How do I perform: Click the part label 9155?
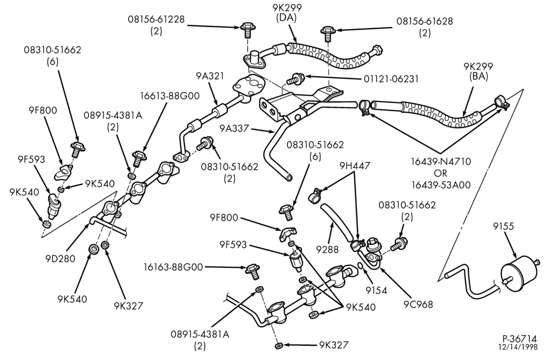click(503, 226)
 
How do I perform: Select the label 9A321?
click(210, 76)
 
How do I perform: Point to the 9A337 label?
click(234, 128)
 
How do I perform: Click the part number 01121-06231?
click(391, 78)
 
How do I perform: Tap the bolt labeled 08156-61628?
click(328, 32)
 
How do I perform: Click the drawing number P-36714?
click(519, 339)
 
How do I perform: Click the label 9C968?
click(418, 305)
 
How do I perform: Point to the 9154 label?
click(377, 290)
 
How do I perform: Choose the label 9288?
click(327, 249)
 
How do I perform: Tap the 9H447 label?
click(355, 166)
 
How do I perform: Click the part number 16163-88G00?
click(173, 267)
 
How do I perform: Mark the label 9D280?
click(60, 258)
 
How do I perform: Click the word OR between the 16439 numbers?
click(440, 173)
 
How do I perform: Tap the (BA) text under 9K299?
click(478, 77)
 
